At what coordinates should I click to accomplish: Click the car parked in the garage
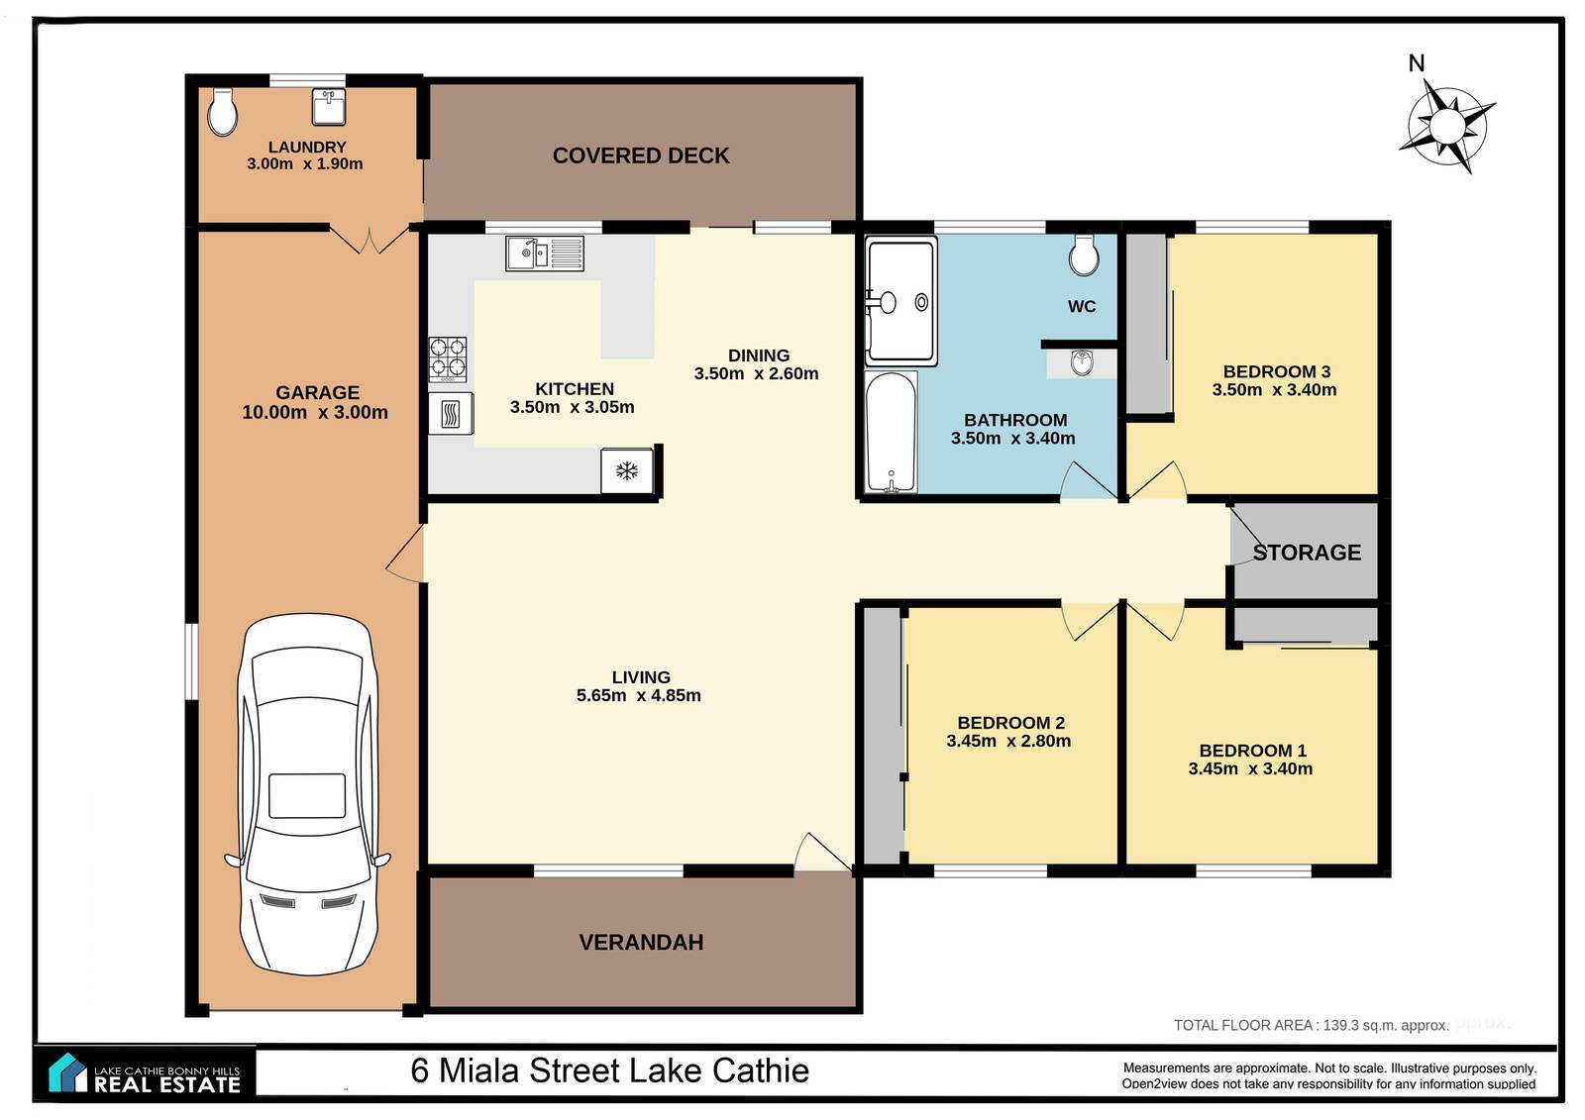[308, 794]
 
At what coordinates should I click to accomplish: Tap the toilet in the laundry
[222, 112]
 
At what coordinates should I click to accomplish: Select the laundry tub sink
[328, 106]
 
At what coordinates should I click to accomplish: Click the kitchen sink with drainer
[545, 254]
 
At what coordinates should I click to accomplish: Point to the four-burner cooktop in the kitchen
[448, 359]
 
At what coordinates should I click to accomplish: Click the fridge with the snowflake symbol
[627, 470]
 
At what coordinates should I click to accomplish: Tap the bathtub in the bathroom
[892, 432]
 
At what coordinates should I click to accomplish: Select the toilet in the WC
[1084, 255]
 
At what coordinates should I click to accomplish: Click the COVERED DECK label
[641, 155]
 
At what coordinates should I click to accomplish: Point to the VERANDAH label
[641, 943]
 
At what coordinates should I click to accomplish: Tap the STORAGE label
[1307, 553]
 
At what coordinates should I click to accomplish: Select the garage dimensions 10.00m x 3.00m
[315, 413]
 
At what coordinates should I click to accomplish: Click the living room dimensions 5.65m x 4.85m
[638, 695]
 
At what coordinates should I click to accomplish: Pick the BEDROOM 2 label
[1010, 722]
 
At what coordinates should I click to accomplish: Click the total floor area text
[1312, 1025]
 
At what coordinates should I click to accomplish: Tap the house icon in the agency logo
[68, 1072]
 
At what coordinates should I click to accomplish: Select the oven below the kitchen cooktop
[451, 413]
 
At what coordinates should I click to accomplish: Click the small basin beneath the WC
[1082, 363]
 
